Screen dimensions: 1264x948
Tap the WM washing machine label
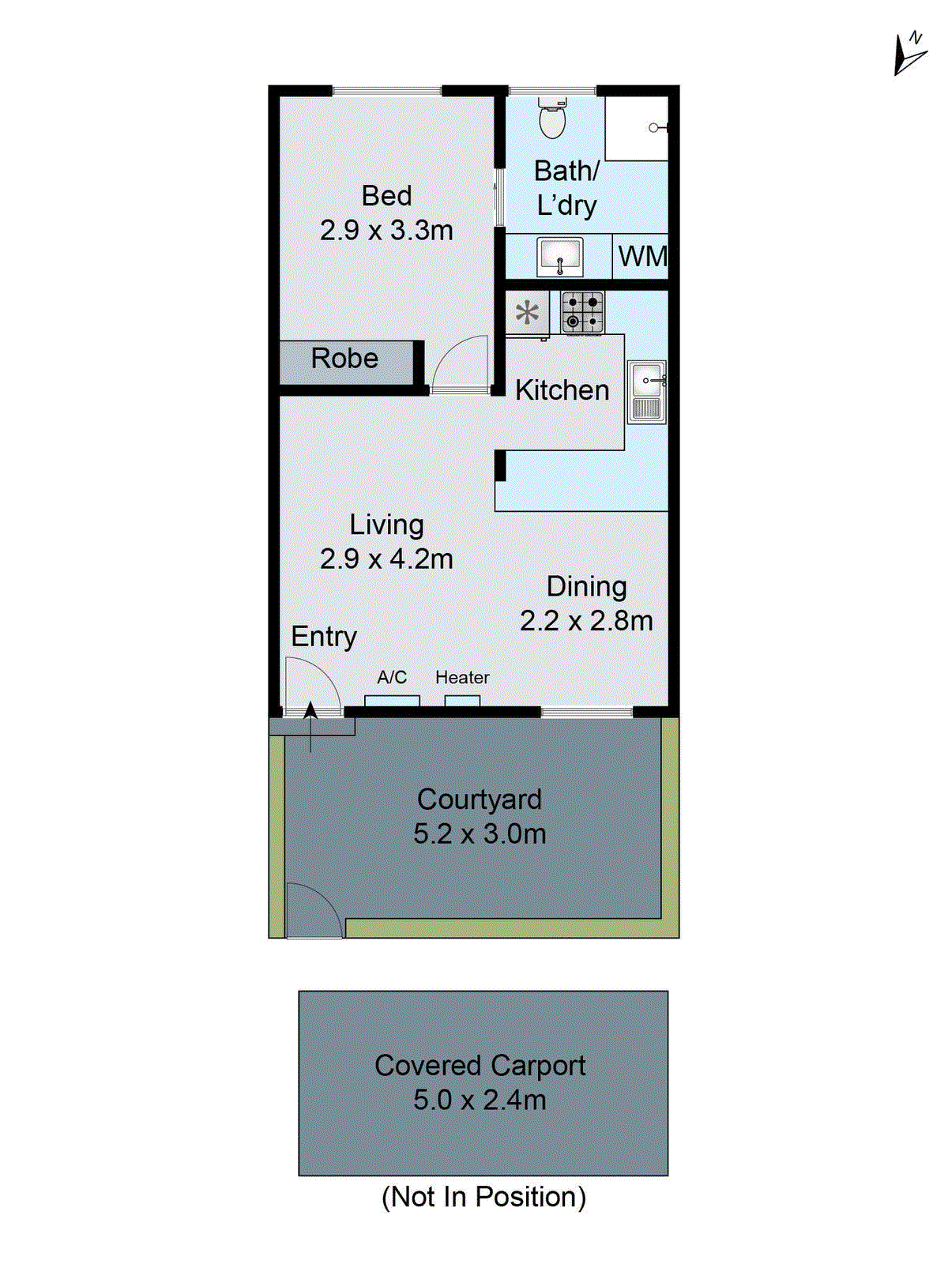click(x=641, y=257)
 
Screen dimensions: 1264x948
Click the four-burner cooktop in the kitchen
click(x=582, y=312)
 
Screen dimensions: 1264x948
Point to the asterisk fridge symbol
click(x=527, y=314)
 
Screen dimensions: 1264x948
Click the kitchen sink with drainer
click(x=646, y=393)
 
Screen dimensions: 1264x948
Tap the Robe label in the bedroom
click(x=344, y=359)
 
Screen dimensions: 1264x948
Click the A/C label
click(x=392, y=677)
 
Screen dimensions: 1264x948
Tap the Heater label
click(x=462, y=677)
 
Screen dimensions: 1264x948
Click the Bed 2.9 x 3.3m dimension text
click(x=386, y=230)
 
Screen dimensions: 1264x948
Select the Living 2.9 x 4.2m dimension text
click(x=386, y=559)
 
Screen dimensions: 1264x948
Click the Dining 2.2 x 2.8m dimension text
click(x=586, y=620)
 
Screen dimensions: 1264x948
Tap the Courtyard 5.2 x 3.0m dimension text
click(x=480, y=833)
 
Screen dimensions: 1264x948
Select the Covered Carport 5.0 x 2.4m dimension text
click(x=480, y=1100)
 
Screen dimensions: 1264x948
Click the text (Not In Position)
click(x=483, y=1197)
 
